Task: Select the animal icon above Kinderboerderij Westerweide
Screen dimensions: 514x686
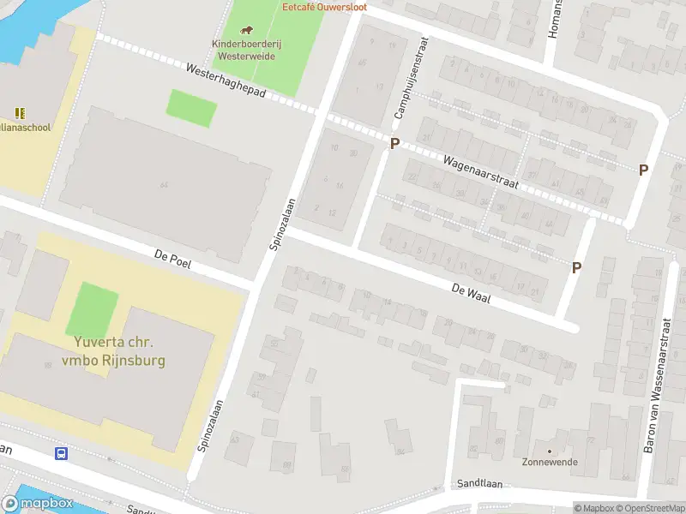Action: pyautogui.click(x=249, y=32)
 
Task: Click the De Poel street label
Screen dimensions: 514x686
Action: pyautogui.click(x=171, y=259)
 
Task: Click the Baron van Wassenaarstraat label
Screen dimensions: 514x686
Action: pyautogui.click(x=658, y=388)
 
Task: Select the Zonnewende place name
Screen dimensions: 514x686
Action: pyautogui.click(x=550, y=463)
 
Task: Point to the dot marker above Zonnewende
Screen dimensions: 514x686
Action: pyautogui.click(x=550, y=451)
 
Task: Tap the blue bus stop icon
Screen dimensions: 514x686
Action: pyautogui.click(x=62, y=453)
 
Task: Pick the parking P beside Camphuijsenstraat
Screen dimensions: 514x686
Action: pyautogui.click(x=394, y=144)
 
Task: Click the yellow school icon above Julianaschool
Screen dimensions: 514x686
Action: pyautogui.click(x=20, y=113)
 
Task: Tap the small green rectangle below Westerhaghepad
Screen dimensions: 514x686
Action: pyautogui.click(x=190, y=108)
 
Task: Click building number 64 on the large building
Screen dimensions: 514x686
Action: pyautogui.click(x=163, y=185)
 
